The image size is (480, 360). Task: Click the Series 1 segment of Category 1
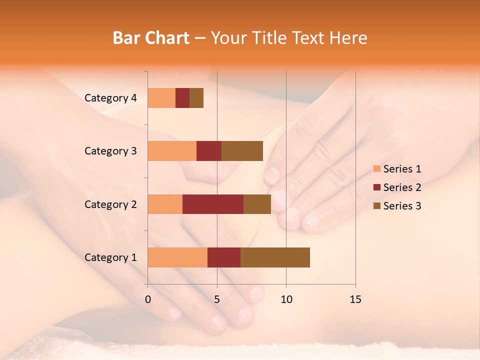(177, 257)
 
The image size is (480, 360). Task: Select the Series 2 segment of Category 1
(224, 257)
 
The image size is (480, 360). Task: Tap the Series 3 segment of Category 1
(275, 257)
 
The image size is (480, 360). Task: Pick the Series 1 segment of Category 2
(165, 204)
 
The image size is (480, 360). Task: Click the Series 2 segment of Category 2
(213, 204)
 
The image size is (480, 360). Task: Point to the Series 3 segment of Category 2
(257, 204)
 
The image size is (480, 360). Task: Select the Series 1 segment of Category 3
(172, 151)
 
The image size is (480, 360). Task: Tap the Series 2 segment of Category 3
(209, 151)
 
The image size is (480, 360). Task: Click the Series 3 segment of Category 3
(242, 151)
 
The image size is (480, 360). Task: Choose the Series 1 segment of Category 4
(161, 98)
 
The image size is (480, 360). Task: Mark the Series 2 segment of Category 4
(182, 98)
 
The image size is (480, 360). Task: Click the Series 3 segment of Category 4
(196, 98)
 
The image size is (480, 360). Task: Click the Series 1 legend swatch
(376, 169)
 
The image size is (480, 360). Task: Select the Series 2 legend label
(402, 187)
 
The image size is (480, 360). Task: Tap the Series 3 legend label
(402, 206)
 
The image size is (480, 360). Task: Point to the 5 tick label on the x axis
(217, 299)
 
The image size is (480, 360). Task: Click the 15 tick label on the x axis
(355, 299)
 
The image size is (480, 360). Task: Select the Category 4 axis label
(110, 98)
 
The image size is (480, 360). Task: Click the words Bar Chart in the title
(151, 38)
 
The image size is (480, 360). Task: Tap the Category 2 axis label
(110, 204)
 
